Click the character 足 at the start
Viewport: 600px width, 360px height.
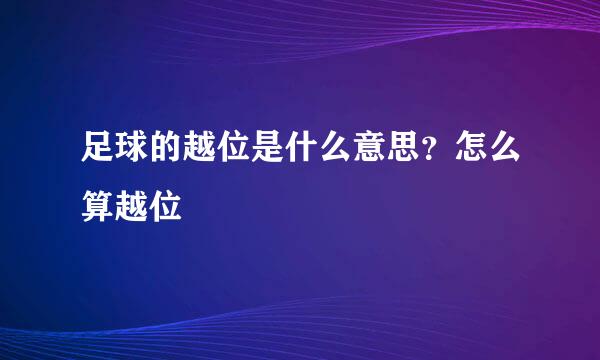pyautogui.click(x=98, y=151)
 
